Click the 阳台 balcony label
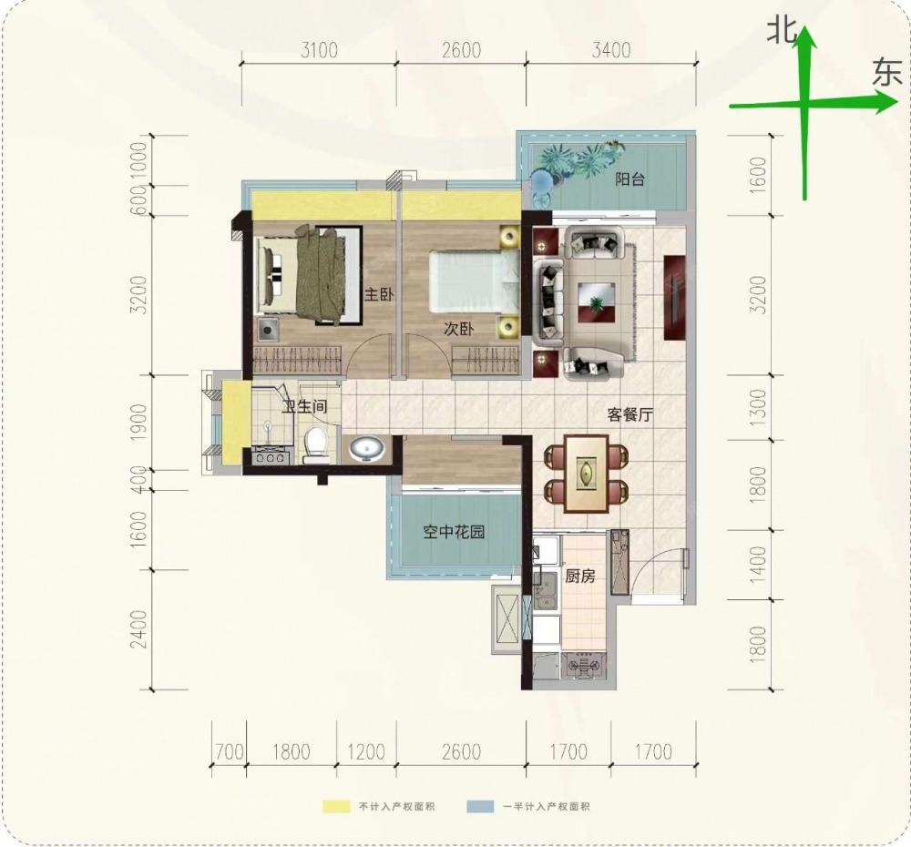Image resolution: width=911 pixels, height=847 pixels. point(630,179)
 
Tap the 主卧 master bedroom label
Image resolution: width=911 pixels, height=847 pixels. point(379,294)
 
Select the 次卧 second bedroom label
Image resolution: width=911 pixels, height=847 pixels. point(458,329)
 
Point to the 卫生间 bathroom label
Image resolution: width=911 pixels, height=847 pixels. point(304,406)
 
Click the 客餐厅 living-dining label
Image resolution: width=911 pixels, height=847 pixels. point(630,414)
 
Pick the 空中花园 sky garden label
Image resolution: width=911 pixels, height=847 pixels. point(454,532)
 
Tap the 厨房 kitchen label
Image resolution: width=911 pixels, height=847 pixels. point(579,577)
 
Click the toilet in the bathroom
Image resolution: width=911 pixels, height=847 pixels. point(317,445)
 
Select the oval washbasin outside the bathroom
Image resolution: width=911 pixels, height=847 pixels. point(366,449)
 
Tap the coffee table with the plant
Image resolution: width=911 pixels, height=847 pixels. point(597,302)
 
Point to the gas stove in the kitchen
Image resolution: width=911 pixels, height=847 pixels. point(583,665)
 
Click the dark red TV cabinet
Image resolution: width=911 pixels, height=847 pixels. point(674,298)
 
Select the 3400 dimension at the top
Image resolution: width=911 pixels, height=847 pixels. point(611,50)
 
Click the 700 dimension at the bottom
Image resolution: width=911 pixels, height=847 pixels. point(229,751)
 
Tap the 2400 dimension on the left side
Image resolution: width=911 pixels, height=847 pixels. point(139,629)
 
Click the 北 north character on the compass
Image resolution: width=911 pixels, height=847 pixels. point(782,30)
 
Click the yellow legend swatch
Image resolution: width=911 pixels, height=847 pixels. point(337,806)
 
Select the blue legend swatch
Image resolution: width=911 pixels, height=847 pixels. point(480,806)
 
